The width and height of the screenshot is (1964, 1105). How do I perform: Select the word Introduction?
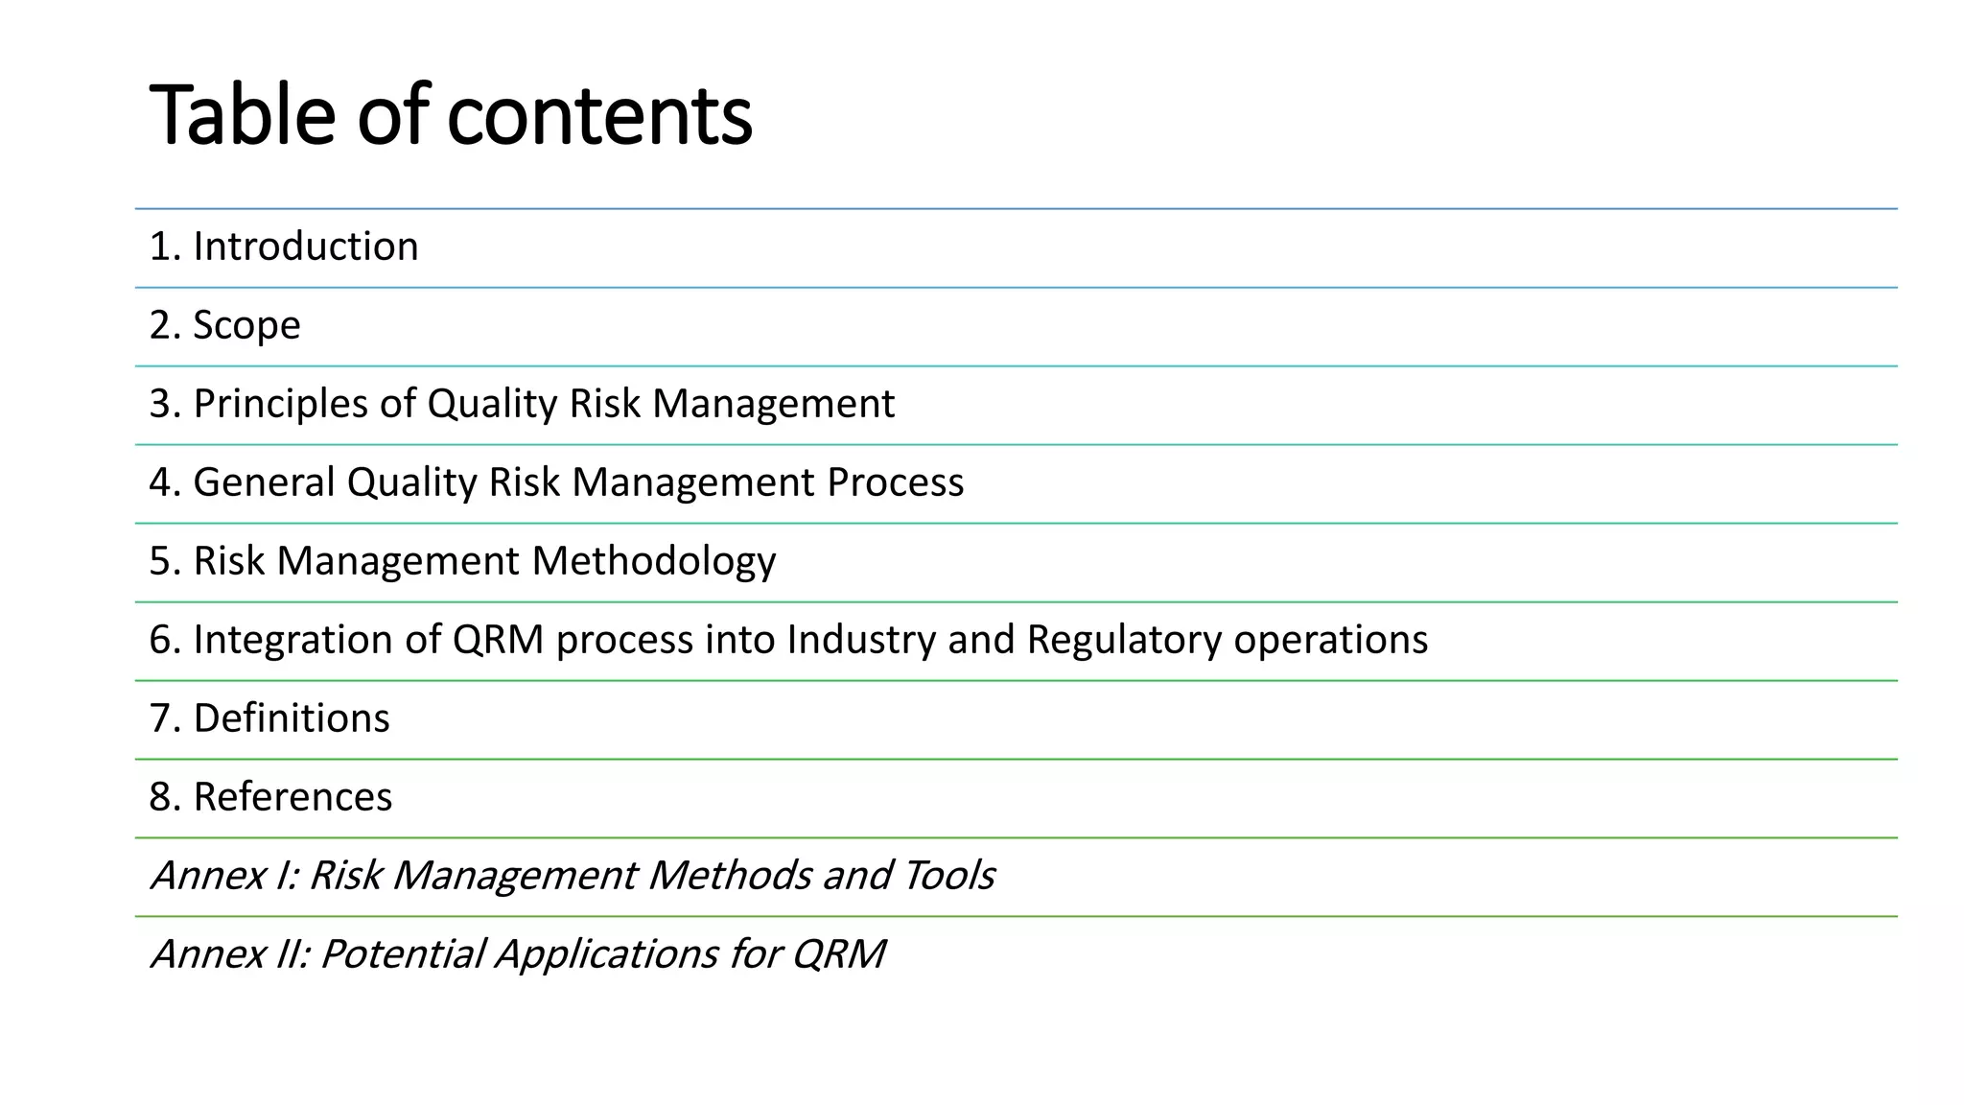point(306,247)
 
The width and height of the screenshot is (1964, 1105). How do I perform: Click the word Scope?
point(246,326)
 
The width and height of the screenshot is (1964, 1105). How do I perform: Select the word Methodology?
point(654,562)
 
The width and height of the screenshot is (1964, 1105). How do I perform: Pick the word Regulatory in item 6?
point(1124,640)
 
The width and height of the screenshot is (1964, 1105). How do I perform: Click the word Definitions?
point(292,718)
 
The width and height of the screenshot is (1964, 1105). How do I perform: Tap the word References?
point(292,797)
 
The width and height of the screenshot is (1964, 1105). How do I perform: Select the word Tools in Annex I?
point(948,876)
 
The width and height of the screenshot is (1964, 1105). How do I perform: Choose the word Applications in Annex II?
point(605,954)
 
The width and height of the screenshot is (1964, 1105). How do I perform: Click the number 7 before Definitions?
point(159,718)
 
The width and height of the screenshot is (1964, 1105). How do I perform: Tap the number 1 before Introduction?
point(159,247)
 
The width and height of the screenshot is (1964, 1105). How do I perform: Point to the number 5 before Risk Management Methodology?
point(159,561)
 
